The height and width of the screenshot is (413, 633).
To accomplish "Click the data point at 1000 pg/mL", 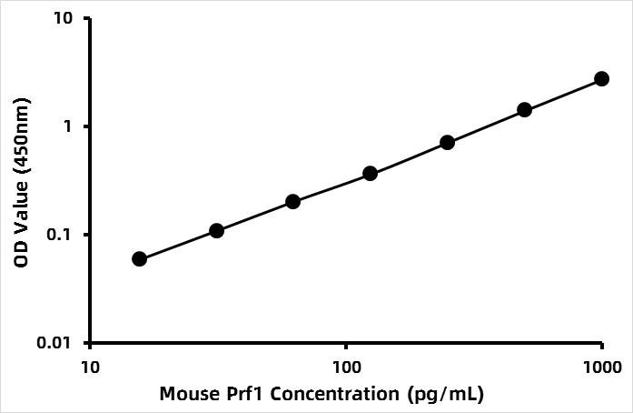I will (x=601, y=79).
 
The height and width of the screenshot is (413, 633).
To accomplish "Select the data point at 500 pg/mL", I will (x=524, y=110).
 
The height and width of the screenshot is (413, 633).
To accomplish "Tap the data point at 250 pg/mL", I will (x=447, y=142).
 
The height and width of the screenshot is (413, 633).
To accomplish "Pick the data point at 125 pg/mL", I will (x=370, y=173).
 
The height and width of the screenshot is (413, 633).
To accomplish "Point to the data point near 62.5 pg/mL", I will (x=292, y=201).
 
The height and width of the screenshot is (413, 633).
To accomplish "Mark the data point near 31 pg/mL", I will (x=216, y=231).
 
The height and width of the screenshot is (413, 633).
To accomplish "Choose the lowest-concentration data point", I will (x=139, y=259).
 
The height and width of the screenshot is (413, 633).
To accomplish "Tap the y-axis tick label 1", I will (x=70, y=126).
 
